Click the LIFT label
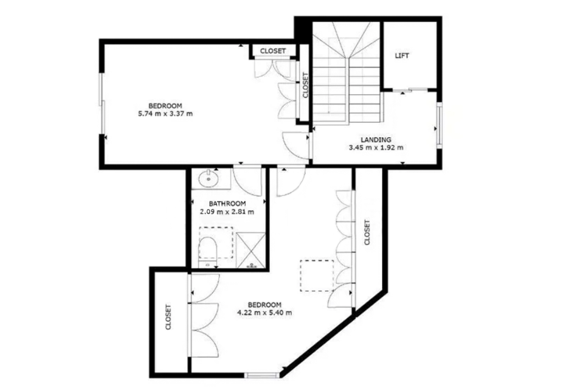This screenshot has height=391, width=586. tap(402, 56)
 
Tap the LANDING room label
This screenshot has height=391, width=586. tap(376, 139)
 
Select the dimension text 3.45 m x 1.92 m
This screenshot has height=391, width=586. tap(376, 148)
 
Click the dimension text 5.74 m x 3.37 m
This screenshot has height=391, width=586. tap(165, 114)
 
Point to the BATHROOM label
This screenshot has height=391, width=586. tap(227, 204)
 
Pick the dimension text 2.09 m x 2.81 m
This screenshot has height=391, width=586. tap(227, 212)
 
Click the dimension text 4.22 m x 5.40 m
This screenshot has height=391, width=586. tap(264, 313)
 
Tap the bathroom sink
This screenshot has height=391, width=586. tap(208, 179)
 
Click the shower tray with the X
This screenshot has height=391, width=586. tap(251, 250)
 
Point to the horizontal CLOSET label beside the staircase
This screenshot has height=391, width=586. tap(273, 51)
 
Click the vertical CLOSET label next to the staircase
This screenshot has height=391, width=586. tap(305, 85)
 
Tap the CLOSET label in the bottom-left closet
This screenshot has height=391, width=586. tap(168, 317)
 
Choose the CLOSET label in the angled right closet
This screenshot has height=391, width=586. tap(367, 232)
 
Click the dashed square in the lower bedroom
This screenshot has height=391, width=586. tap(317, 275)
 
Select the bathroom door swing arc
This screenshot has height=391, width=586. tap(247, 181)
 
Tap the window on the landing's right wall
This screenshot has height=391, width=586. tap(439, 125)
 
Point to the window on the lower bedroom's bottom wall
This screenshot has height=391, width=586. tap(262, 375)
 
